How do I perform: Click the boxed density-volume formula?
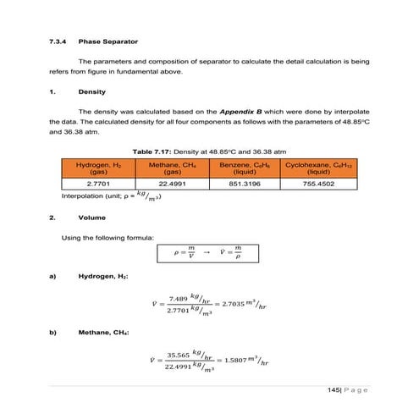[209, 252]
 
